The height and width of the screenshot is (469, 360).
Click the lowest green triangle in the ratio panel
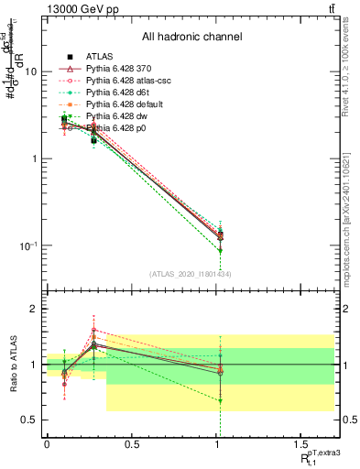coord(220,400)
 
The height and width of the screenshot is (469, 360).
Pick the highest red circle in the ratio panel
coord(94,330)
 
